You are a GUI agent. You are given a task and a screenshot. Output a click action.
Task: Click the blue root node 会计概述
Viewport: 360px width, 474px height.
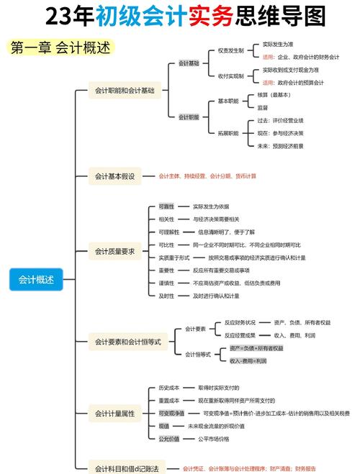pos(36,279)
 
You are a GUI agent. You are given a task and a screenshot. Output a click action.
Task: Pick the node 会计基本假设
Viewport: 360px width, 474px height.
pos(115,176)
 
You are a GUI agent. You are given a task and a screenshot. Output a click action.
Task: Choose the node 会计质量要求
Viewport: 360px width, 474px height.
pos(115,251)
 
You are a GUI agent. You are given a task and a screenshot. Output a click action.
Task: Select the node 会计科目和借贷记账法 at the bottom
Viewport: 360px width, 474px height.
pos(127,468)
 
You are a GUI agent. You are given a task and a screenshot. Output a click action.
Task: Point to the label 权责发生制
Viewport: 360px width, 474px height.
pos(230,50)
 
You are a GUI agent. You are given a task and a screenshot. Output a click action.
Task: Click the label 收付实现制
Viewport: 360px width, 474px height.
pos(230,76)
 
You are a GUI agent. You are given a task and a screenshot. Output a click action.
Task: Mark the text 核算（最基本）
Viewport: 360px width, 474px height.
pos(274,95)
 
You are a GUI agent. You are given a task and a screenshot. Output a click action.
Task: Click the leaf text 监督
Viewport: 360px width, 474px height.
pos(263,107)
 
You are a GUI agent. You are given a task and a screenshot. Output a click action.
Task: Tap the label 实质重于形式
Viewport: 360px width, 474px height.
pos(174,257)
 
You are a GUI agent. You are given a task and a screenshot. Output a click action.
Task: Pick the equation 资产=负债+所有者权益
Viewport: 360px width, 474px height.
pos(256,348)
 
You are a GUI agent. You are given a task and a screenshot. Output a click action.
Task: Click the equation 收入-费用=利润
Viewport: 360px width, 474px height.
pos(248,360)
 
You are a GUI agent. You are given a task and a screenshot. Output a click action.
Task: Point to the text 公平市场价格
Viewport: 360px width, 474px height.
pos(213,439)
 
